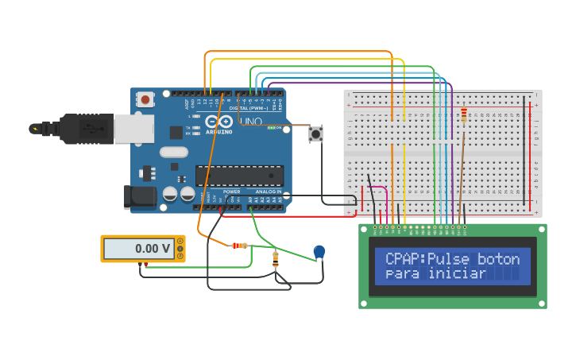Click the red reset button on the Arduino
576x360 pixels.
(x=145, y=99)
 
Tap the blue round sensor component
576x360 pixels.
(x=319, y=252)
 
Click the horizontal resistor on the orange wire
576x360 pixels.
(x=239, y=246)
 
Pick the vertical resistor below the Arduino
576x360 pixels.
(x=276, y=257)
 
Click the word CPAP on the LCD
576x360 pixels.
(x=404, y=259)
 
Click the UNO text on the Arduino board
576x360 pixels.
(x=251, y=122)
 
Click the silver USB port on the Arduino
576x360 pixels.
(x=133, y=128)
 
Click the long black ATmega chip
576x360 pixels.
(x=240, y=175)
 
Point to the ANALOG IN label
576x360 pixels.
(x=268, y=192)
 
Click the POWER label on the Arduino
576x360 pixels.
(x=231, y=192)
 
